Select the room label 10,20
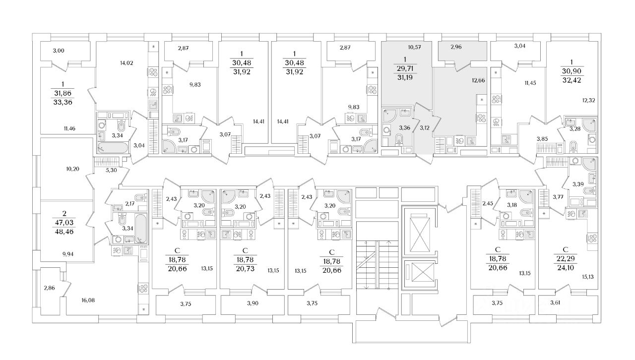[73, 168]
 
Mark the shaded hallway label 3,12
[425, 127]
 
